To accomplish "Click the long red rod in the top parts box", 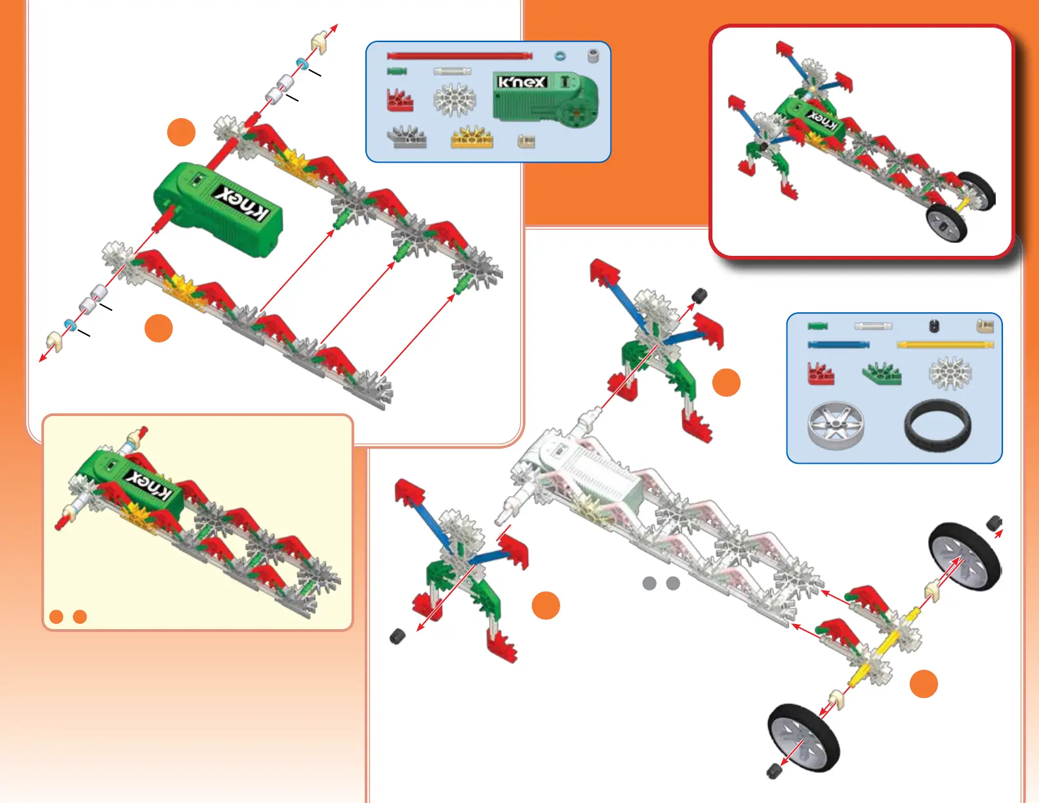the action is point(459,56).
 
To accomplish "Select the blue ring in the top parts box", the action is point(560,56).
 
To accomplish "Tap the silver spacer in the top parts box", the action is point(593,56).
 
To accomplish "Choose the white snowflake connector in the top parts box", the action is point(454,100).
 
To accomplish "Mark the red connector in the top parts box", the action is point(399,100).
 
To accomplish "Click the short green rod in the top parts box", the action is point(397,71).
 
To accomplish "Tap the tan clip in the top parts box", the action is point(526,140).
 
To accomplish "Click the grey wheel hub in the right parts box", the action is point(836,426).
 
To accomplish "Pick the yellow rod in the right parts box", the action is point(945,344).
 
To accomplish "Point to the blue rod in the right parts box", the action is point(838,344).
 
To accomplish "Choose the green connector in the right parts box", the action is point(882,373).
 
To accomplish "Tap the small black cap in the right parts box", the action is point(934,325).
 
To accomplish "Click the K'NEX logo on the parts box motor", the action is point(521,82).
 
